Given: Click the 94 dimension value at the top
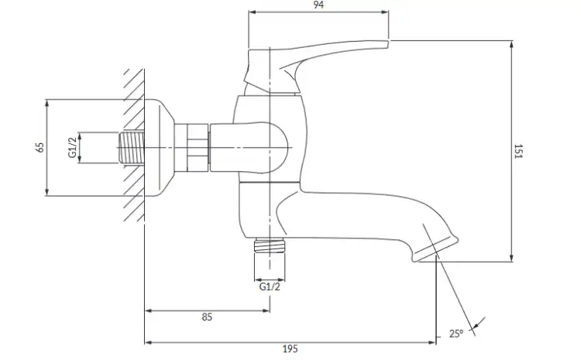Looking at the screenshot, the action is point(318,5).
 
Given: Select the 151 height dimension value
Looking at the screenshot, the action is point(518,151).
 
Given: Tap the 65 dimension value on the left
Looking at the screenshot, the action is point(40,147).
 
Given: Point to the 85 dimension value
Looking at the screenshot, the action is point(207,317).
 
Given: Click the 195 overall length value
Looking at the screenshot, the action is point(290,349).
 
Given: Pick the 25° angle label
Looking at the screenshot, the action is point(456,334).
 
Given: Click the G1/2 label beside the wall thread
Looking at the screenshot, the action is point(72,147).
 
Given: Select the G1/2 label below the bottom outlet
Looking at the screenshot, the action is point(270,286).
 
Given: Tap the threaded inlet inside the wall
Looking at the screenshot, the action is point(132,147).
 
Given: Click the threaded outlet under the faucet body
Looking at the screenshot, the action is point(270,245).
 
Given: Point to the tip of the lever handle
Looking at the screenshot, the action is point(387,44).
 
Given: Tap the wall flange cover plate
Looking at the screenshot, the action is point(159,147).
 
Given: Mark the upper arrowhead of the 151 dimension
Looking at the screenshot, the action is point(511,43).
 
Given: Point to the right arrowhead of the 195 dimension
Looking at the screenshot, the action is point(432,343).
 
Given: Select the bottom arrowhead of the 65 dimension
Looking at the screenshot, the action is point(46,192).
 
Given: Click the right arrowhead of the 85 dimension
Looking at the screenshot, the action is point(266,310).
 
